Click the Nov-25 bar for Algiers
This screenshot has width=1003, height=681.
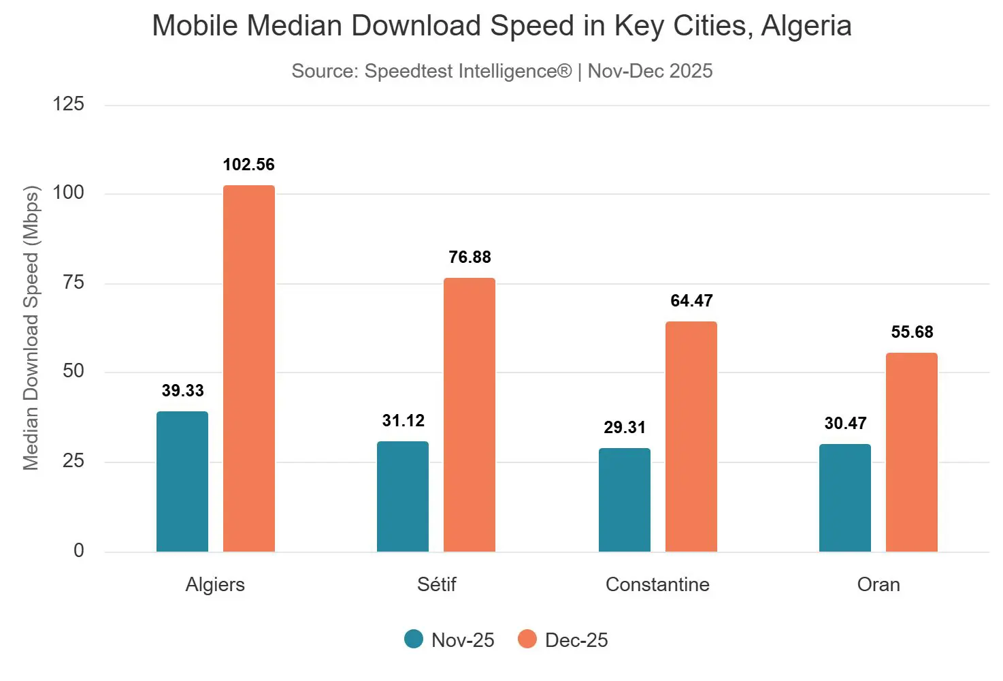182,481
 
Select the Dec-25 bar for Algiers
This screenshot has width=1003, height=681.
249,368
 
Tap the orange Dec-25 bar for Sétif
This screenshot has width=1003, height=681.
470,415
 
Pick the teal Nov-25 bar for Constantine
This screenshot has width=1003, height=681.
625,500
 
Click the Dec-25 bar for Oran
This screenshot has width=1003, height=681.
912,452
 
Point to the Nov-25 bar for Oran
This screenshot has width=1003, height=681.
845,498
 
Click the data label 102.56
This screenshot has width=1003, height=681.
249,165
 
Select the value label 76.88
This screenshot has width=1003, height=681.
470,257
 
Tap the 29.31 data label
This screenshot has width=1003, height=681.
625,428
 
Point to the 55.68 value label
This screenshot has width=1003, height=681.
912,332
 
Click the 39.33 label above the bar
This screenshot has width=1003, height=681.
182,391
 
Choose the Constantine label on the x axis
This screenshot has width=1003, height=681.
657,585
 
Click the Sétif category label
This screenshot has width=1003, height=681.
437,585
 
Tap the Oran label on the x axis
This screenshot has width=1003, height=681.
878,585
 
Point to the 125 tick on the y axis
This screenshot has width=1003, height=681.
68,104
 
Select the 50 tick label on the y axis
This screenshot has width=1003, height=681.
73,371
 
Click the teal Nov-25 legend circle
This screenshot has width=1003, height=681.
414,639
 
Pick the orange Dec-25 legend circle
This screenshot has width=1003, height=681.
527,639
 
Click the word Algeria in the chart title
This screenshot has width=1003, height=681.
806,27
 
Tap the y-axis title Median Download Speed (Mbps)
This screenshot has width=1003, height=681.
31,328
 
